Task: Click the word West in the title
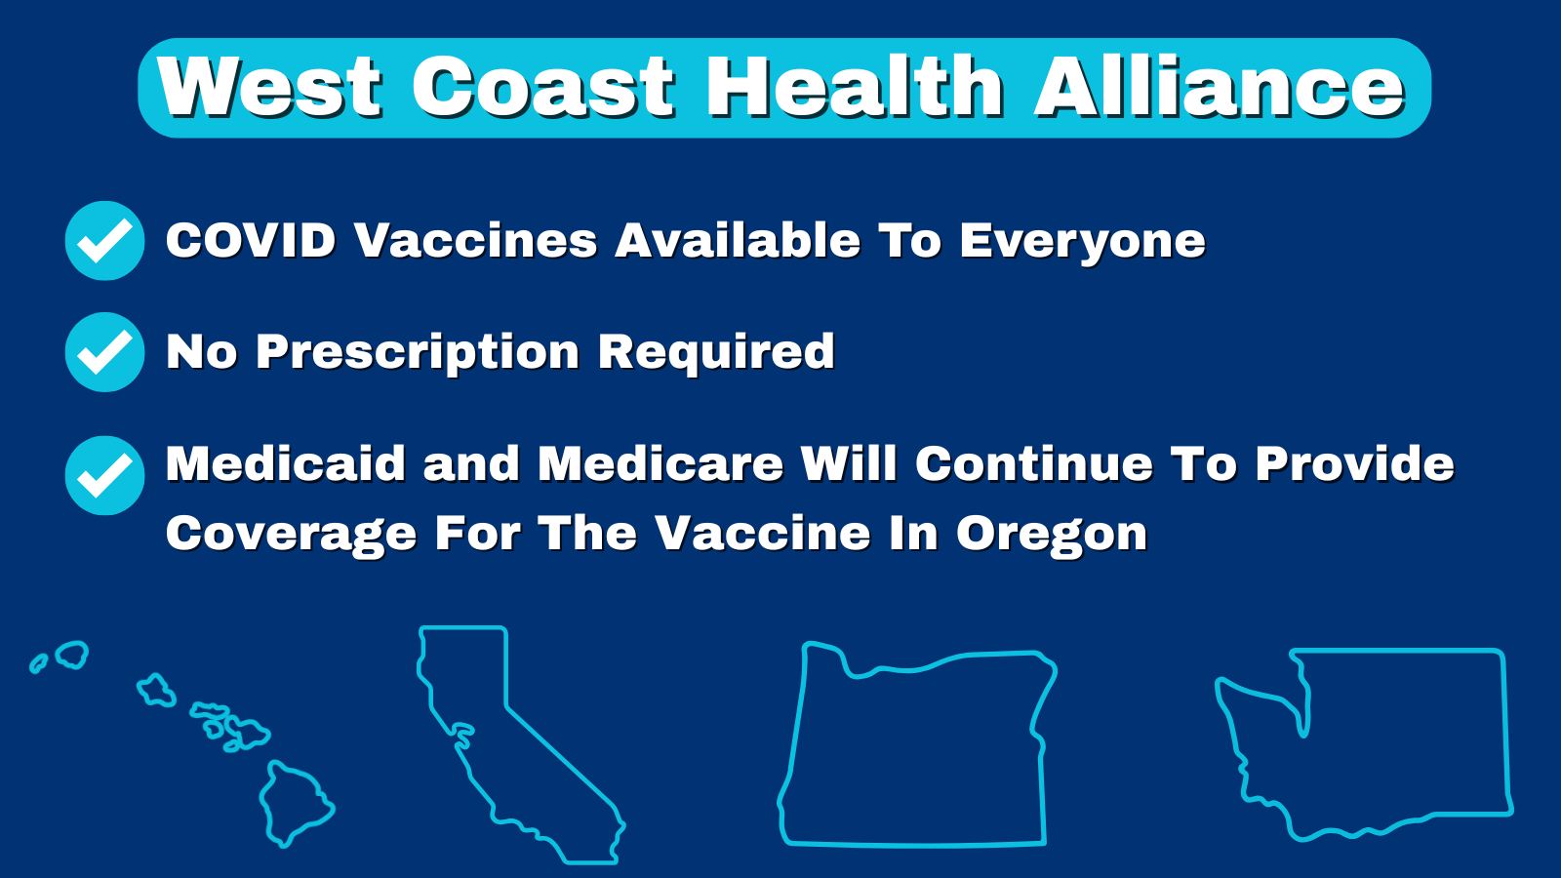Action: coord(269,87)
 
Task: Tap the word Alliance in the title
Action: coord(1219,87)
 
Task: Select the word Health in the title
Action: coord(855,87)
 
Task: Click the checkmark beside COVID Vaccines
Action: coord(104,240)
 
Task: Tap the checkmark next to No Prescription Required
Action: coord(104,352)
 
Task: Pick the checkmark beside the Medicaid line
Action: coord(104,475)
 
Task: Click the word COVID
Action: coord(252,241)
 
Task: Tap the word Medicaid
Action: coord(286,464)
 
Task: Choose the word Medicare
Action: coord(660,464)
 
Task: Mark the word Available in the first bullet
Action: coord(738,241)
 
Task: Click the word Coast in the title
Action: coord(543,87)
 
